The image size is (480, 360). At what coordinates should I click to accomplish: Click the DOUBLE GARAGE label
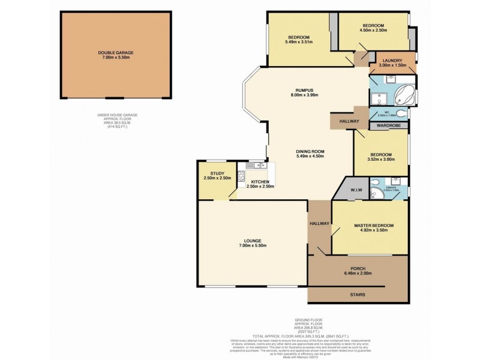point(116,53)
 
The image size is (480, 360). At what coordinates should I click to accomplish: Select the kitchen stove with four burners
point(242,176)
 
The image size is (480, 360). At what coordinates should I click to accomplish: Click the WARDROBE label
point(388,126)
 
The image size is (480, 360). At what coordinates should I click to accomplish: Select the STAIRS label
point(358,295)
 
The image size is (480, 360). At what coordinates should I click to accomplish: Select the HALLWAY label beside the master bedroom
point(320,224)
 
